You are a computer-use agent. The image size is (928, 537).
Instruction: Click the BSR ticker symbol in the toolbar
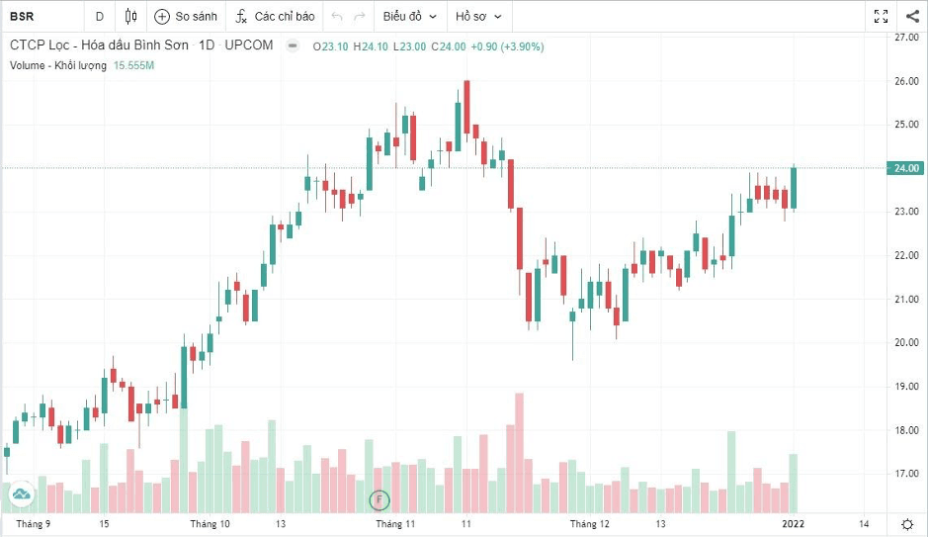pyautogui.click(x=22, y=16)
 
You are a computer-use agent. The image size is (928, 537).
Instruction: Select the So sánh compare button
pyautogui.click(x=186, y=17)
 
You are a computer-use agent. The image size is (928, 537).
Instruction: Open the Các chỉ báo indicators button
pyautogui.click(x=275, y=17)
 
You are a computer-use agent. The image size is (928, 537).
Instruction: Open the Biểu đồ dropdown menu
pyautogui.click(x=409, y=17)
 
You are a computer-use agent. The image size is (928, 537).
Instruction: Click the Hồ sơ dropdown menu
pyautogui.click(x=478, y=17)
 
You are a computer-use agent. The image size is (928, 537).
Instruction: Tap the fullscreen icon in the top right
pyautogui.click(x=881, y=16)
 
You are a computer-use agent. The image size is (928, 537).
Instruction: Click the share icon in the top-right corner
pyautogui.click(x=912, y=16)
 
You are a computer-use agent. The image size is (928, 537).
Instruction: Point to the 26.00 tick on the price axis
pyautogui.click(x=906, y=81)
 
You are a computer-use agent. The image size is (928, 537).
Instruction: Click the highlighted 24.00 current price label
pyautogui.click(x=905, y=168)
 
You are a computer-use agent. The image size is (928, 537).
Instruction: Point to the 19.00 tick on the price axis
pyautogui.click(x=906, y=387)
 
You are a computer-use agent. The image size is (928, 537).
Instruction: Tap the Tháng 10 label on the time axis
pyautogui.click(x=210, y=524)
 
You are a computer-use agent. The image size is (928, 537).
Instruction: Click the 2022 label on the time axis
pyautogui.click(x=793, y=524)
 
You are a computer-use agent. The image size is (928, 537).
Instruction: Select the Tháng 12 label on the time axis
pyautogui.click(x=589, y=524)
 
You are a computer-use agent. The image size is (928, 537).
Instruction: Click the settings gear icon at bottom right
pyautogui.click(x=907, y=524)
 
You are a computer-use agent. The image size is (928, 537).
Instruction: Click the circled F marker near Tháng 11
pyautogui.click(x=380, y=500)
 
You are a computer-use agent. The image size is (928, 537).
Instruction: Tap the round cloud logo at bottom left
pyautogui.click(x=21, y=493)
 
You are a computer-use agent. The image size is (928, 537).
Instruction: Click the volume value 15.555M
pyautogui.click(x=133, y=65)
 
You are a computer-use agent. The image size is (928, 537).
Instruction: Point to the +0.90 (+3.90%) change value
pyautogui.click(x=507, y=46)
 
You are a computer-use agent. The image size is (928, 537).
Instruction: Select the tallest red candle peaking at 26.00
pyautogui.click(x=466, y=107)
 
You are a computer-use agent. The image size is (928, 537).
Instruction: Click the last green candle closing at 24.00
pyautogui.click(x=794, y=188)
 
